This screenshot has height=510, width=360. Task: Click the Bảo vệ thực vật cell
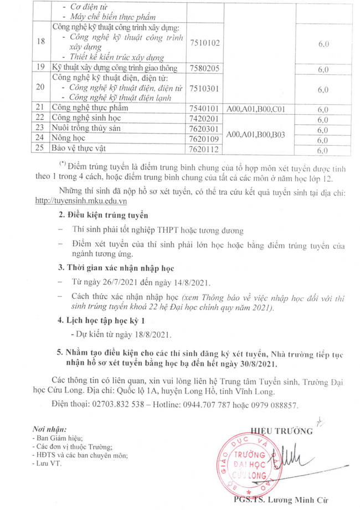click(x=79, y=148)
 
